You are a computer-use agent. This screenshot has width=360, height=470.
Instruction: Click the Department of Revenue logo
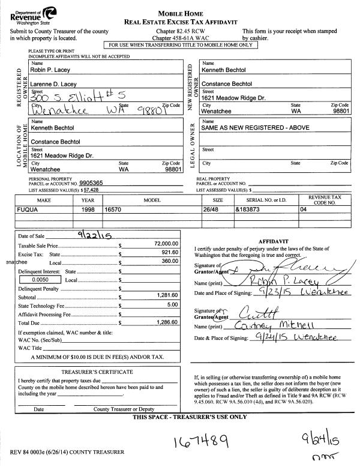click(x=33, y=13)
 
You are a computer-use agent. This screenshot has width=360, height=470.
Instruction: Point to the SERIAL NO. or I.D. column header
click(x=263, y=199)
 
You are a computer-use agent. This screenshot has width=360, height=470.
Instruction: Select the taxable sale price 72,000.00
click(x=166, y=244)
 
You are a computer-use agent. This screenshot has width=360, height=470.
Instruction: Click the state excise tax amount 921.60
click(x=170, y=253)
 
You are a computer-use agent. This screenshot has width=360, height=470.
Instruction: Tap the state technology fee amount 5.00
click(x=173, y=305)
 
